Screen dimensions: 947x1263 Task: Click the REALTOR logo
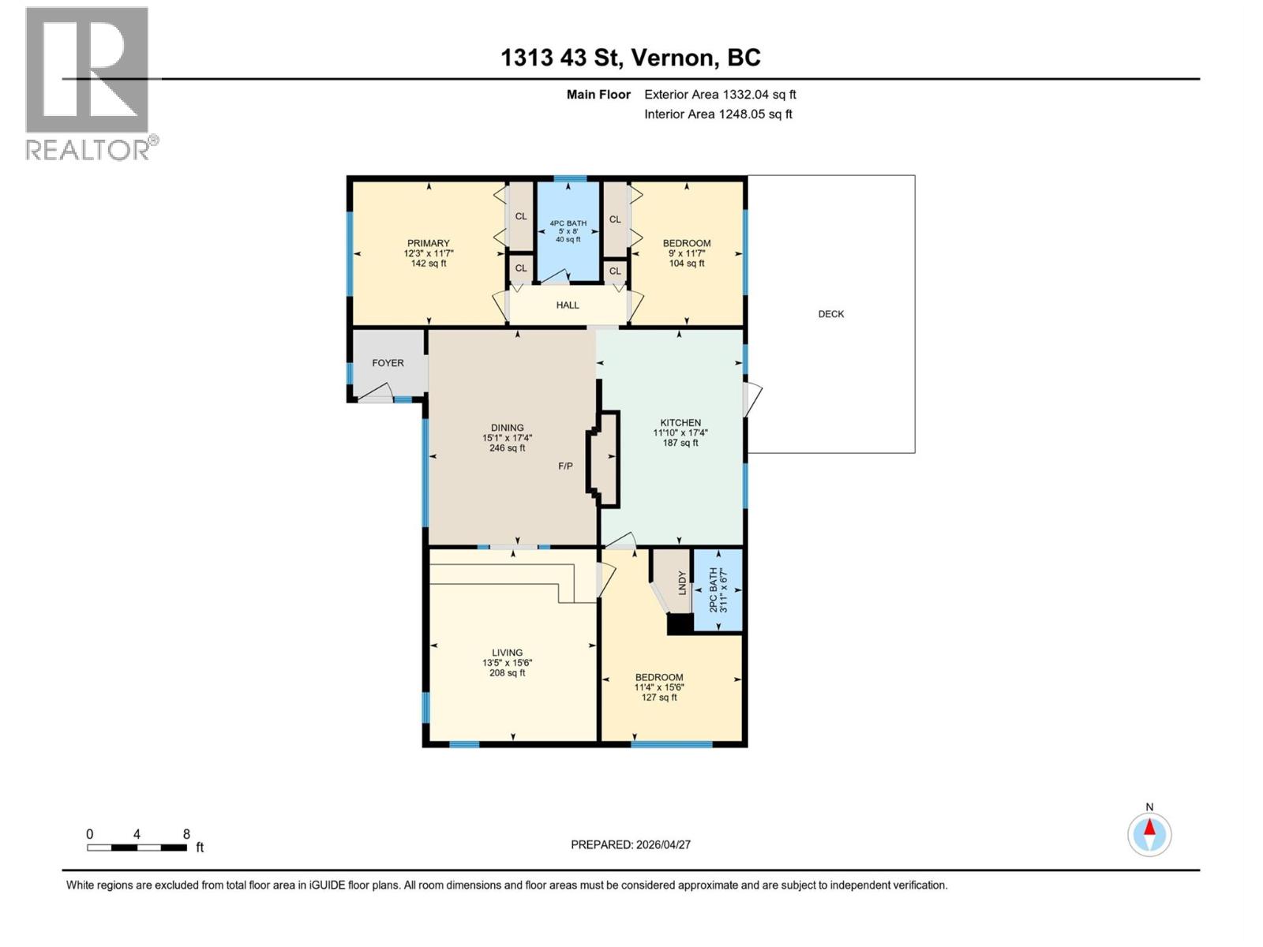coord(88,83)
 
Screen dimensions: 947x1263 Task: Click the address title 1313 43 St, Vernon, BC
coord(630,58)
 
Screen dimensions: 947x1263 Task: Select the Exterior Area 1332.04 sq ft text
coord(720,95)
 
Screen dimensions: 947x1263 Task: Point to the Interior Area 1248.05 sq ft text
coord(718,114)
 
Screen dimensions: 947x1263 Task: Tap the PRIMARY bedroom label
coord(428,243)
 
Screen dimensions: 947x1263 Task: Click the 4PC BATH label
coord(568,223)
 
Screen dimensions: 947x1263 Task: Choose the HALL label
coord(567,305)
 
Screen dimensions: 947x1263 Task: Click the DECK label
coord(830,314)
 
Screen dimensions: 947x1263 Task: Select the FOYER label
coord(388,363)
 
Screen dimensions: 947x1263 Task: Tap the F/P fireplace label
coord(565,466)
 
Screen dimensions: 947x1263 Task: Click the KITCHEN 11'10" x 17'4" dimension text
coord(680,433)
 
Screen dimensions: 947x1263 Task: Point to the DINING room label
coord(507,428)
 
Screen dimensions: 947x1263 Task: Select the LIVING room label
coord(507,653)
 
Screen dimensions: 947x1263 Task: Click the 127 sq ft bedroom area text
coord(659,698)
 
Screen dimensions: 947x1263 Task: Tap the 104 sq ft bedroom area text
coord(686,264)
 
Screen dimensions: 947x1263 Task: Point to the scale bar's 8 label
coord(186,834)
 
